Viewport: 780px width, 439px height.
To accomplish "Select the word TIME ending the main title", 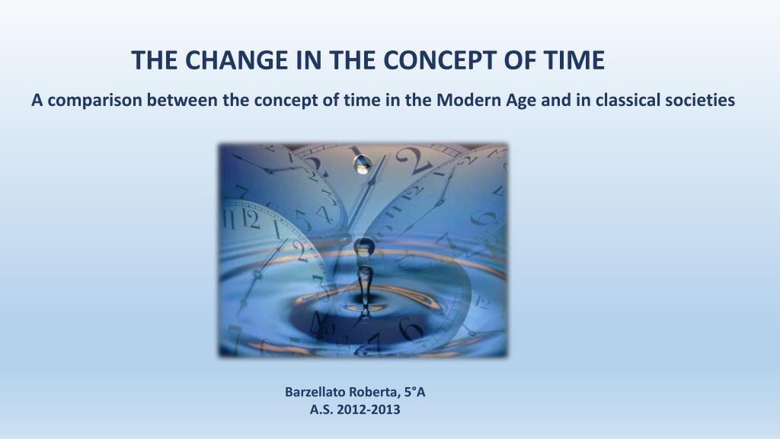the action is pos(574,59).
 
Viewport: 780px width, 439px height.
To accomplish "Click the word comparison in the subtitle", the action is pos(95,101).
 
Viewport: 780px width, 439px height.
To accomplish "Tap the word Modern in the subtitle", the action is pos(468,100).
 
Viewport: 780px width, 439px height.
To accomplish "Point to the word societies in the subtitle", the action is pos(700,100).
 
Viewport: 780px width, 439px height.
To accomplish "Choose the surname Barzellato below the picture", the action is pos(316,393).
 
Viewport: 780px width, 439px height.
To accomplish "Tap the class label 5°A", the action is pos(414,393).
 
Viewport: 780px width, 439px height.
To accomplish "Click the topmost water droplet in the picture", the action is pos(363,164).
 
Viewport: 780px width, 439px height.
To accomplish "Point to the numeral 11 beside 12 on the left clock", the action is pos(229,219).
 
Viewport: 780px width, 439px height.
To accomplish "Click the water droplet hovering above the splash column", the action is pos(364,247).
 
